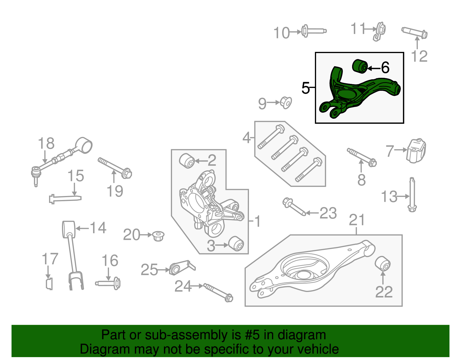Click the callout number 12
[419, 56]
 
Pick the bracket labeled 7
[416, 150]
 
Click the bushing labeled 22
[383, 263]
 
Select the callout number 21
[357, 220]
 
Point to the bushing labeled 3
[236, 244]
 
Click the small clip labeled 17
[50, 284]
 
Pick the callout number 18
[46, 143]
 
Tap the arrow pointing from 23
[312, 213]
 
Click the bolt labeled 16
[108, 283]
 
